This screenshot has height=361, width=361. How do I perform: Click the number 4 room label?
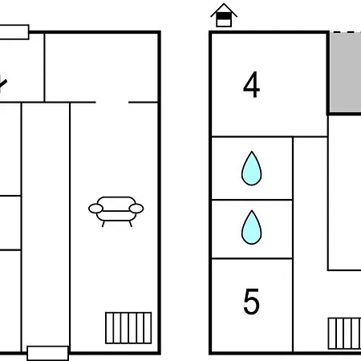[x=251, y=84]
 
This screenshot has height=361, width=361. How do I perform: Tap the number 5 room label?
[x=251, y=302]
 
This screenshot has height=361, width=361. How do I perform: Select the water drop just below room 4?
[x=251, y=168]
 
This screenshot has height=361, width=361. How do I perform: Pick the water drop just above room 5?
[x=251, y=227]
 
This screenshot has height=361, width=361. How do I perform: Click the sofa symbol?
[x=116, y=211]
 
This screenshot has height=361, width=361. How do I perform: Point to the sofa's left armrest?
[x=95, y=209]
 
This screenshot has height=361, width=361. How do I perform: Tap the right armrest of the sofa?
[x=136, y=209]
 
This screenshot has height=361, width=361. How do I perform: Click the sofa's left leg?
[x=103, y=224]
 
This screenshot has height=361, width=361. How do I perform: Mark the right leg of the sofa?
[x=131, y=224]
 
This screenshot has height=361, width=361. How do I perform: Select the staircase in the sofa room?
[x=128, y=328]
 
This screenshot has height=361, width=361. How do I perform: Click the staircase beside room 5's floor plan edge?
[x=344, y=334]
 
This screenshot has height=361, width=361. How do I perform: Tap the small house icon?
[x=224, y=15]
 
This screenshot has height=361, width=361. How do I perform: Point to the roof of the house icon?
[x=224, y=10]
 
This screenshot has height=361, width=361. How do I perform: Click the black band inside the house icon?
[x=224, y=17]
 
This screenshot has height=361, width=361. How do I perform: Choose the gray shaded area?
[x=346, y=72]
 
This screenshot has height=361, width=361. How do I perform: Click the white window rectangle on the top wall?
[x=14, y=32]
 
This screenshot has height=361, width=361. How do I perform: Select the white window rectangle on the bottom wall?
[x=48, y=353]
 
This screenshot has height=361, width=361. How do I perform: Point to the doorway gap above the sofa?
[x=112, y=102]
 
